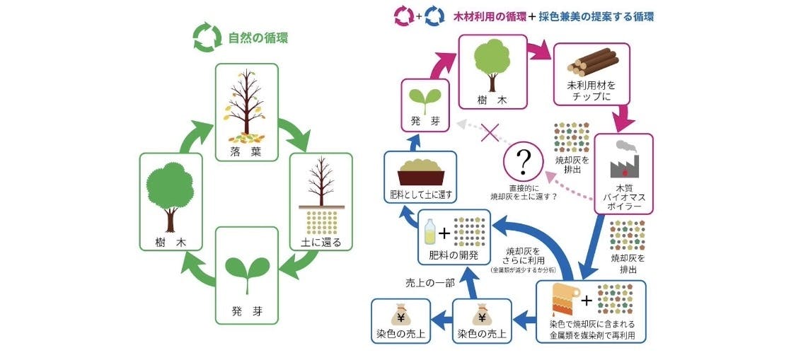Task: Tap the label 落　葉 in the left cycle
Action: point(246,151)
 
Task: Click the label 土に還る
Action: point(321,242)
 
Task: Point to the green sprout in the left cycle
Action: point(246,272)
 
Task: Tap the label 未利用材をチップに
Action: point(591,91)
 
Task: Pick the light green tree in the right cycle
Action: point(492,61)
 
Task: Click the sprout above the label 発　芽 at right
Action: point(425,99)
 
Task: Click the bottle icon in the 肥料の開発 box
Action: point(429,233)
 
